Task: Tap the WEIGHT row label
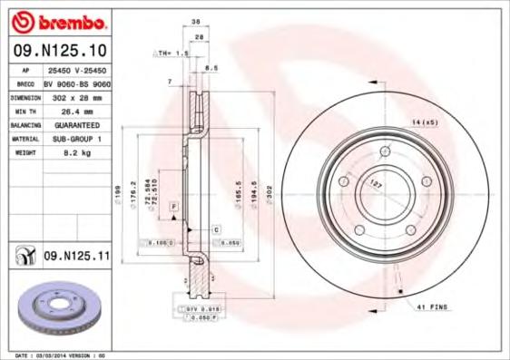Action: coord(25,154)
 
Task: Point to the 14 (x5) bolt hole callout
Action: coord(425,122)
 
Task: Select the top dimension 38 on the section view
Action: coord(196,22)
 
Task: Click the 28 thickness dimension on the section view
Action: coord(199,36)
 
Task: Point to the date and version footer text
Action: coord(62,355)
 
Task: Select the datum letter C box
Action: coord(217,230)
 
